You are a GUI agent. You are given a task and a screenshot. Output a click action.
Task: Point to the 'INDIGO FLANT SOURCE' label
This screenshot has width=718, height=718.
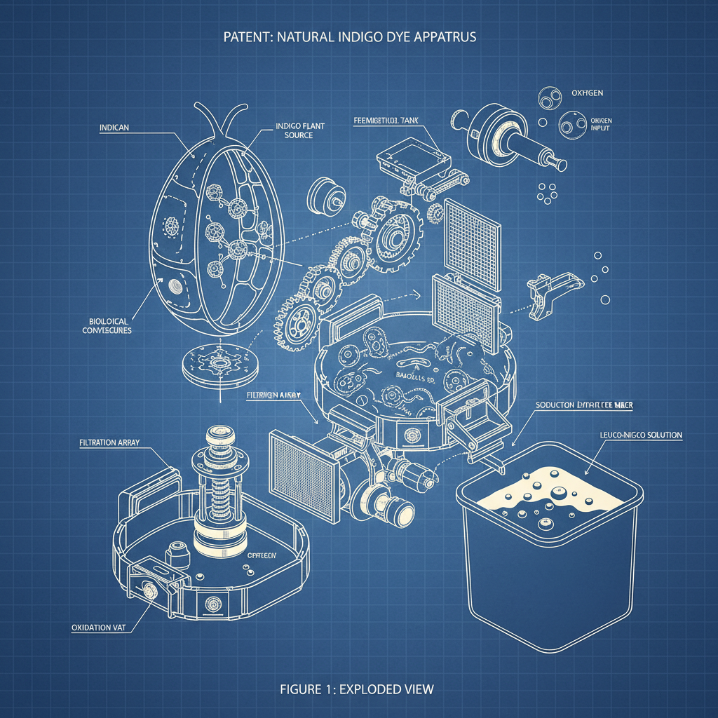[294, 130]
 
